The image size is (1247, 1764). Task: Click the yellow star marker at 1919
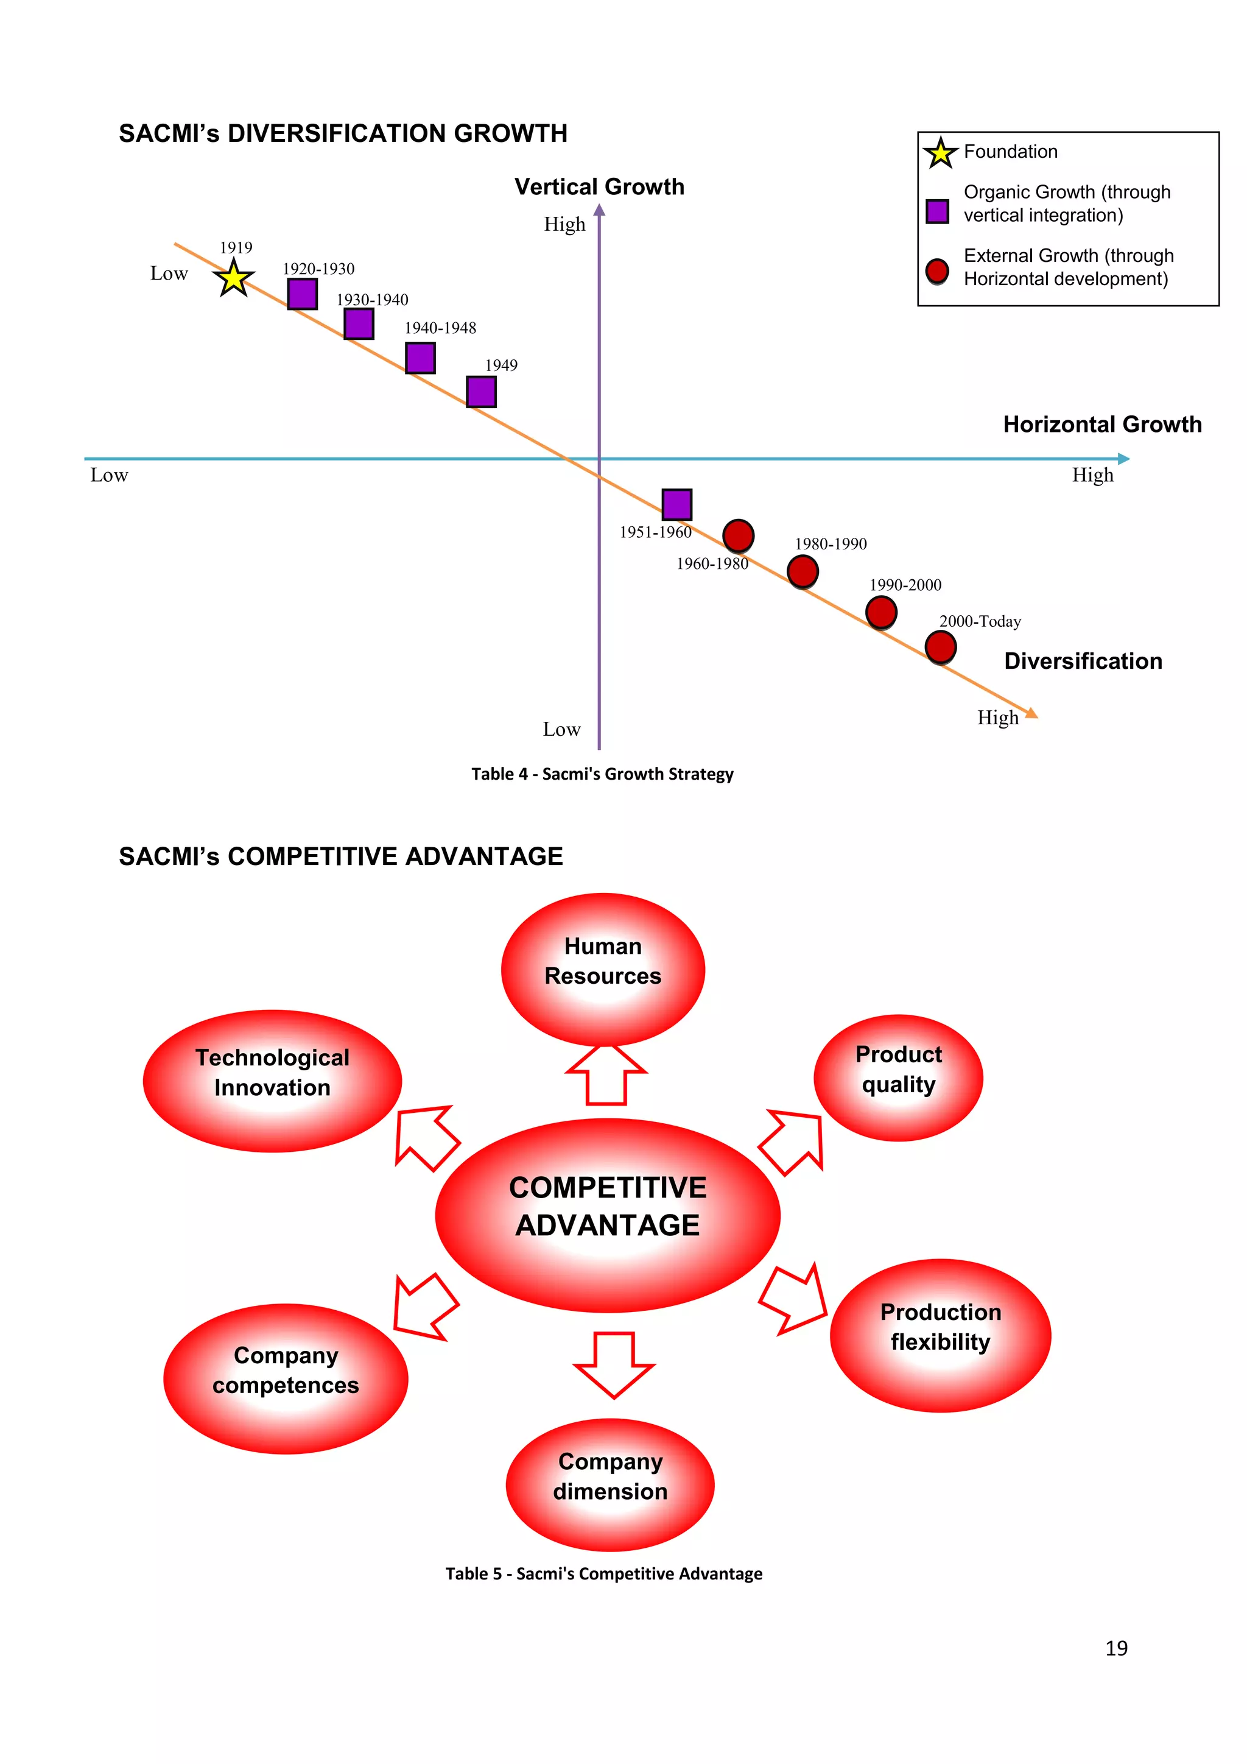point(233,278)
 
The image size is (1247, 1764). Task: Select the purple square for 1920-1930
point(303,294)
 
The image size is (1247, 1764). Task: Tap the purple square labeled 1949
point(482,392)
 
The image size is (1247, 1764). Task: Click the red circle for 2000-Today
point(940,647)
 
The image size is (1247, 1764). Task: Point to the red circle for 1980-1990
point(803,571)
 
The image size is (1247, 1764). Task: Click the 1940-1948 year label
point(440,328)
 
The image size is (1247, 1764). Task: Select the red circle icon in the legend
point(937,270)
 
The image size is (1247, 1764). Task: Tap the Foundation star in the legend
point(940,153)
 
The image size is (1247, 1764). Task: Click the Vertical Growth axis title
point(599,187)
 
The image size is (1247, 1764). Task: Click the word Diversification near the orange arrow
point(1083,661)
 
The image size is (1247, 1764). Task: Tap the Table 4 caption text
point(602,774)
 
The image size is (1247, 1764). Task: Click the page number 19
point(1115,1648)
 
